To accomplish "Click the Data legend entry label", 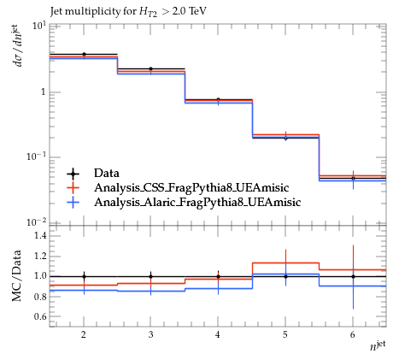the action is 107,173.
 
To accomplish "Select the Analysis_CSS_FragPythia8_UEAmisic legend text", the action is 191,187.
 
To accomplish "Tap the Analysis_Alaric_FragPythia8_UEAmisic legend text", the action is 197,202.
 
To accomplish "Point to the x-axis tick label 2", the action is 84,334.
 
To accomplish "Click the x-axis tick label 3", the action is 150,334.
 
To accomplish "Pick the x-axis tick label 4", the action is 218,334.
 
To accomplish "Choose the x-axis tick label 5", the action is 285,334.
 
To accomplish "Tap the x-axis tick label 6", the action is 353,334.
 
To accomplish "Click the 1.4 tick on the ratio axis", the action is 40,235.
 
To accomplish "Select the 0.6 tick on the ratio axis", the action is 40,316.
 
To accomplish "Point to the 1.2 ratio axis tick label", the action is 40,256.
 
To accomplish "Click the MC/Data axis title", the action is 17,275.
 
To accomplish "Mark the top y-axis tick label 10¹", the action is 39,26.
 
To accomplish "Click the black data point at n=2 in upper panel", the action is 84,54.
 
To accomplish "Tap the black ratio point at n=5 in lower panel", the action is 285,276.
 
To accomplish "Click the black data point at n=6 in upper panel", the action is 353,178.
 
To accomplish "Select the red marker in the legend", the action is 73,187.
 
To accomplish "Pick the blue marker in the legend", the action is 73,202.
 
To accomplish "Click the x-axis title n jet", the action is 378,345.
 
